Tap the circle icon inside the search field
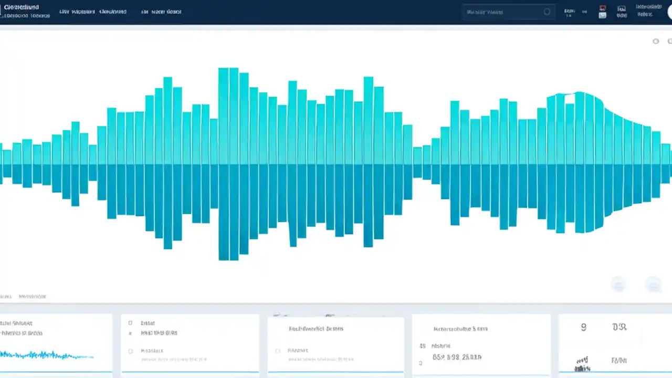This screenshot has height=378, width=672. tap(547, 12)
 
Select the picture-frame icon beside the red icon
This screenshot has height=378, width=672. tap(622, 12)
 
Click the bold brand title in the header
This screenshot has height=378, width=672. tap(22, 8)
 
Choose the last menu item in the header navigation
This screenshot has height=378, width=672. tap(161, 12)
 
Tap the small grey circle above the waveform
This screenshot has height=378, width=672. tap(656, 41)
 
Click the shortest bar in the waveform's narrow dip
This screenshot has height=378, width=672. tap(418, 163)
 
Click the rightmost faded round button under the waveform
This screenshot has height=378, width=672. tap(653, 284)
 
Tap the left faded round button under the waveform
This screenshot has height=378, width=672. tap(619, 284)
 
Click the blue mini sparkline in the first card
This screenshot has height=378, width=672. tap(47, 355)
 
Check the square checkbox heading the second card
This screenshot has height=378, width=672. tap(130, 323)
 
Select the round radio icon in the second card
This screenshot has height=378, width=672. tap(130, 351)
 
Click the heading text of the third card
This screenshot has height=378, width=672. tap(316, 329)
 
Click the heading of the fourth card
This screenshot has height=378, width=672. tap(460, 329)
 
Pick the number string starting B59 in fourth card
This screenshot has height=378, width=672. tap(457, 357)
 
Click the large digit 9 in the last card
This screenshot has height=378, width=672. tap(583, 327)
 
